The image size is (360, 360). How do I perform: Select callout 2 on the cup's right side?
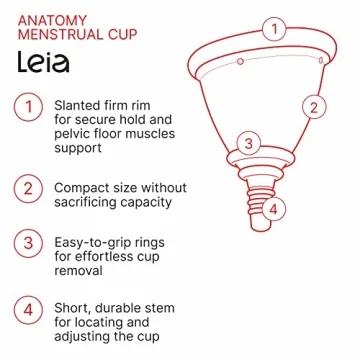(x=313, y=106)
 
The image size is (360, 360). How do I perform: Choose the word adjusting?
(x=89, y=337)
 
